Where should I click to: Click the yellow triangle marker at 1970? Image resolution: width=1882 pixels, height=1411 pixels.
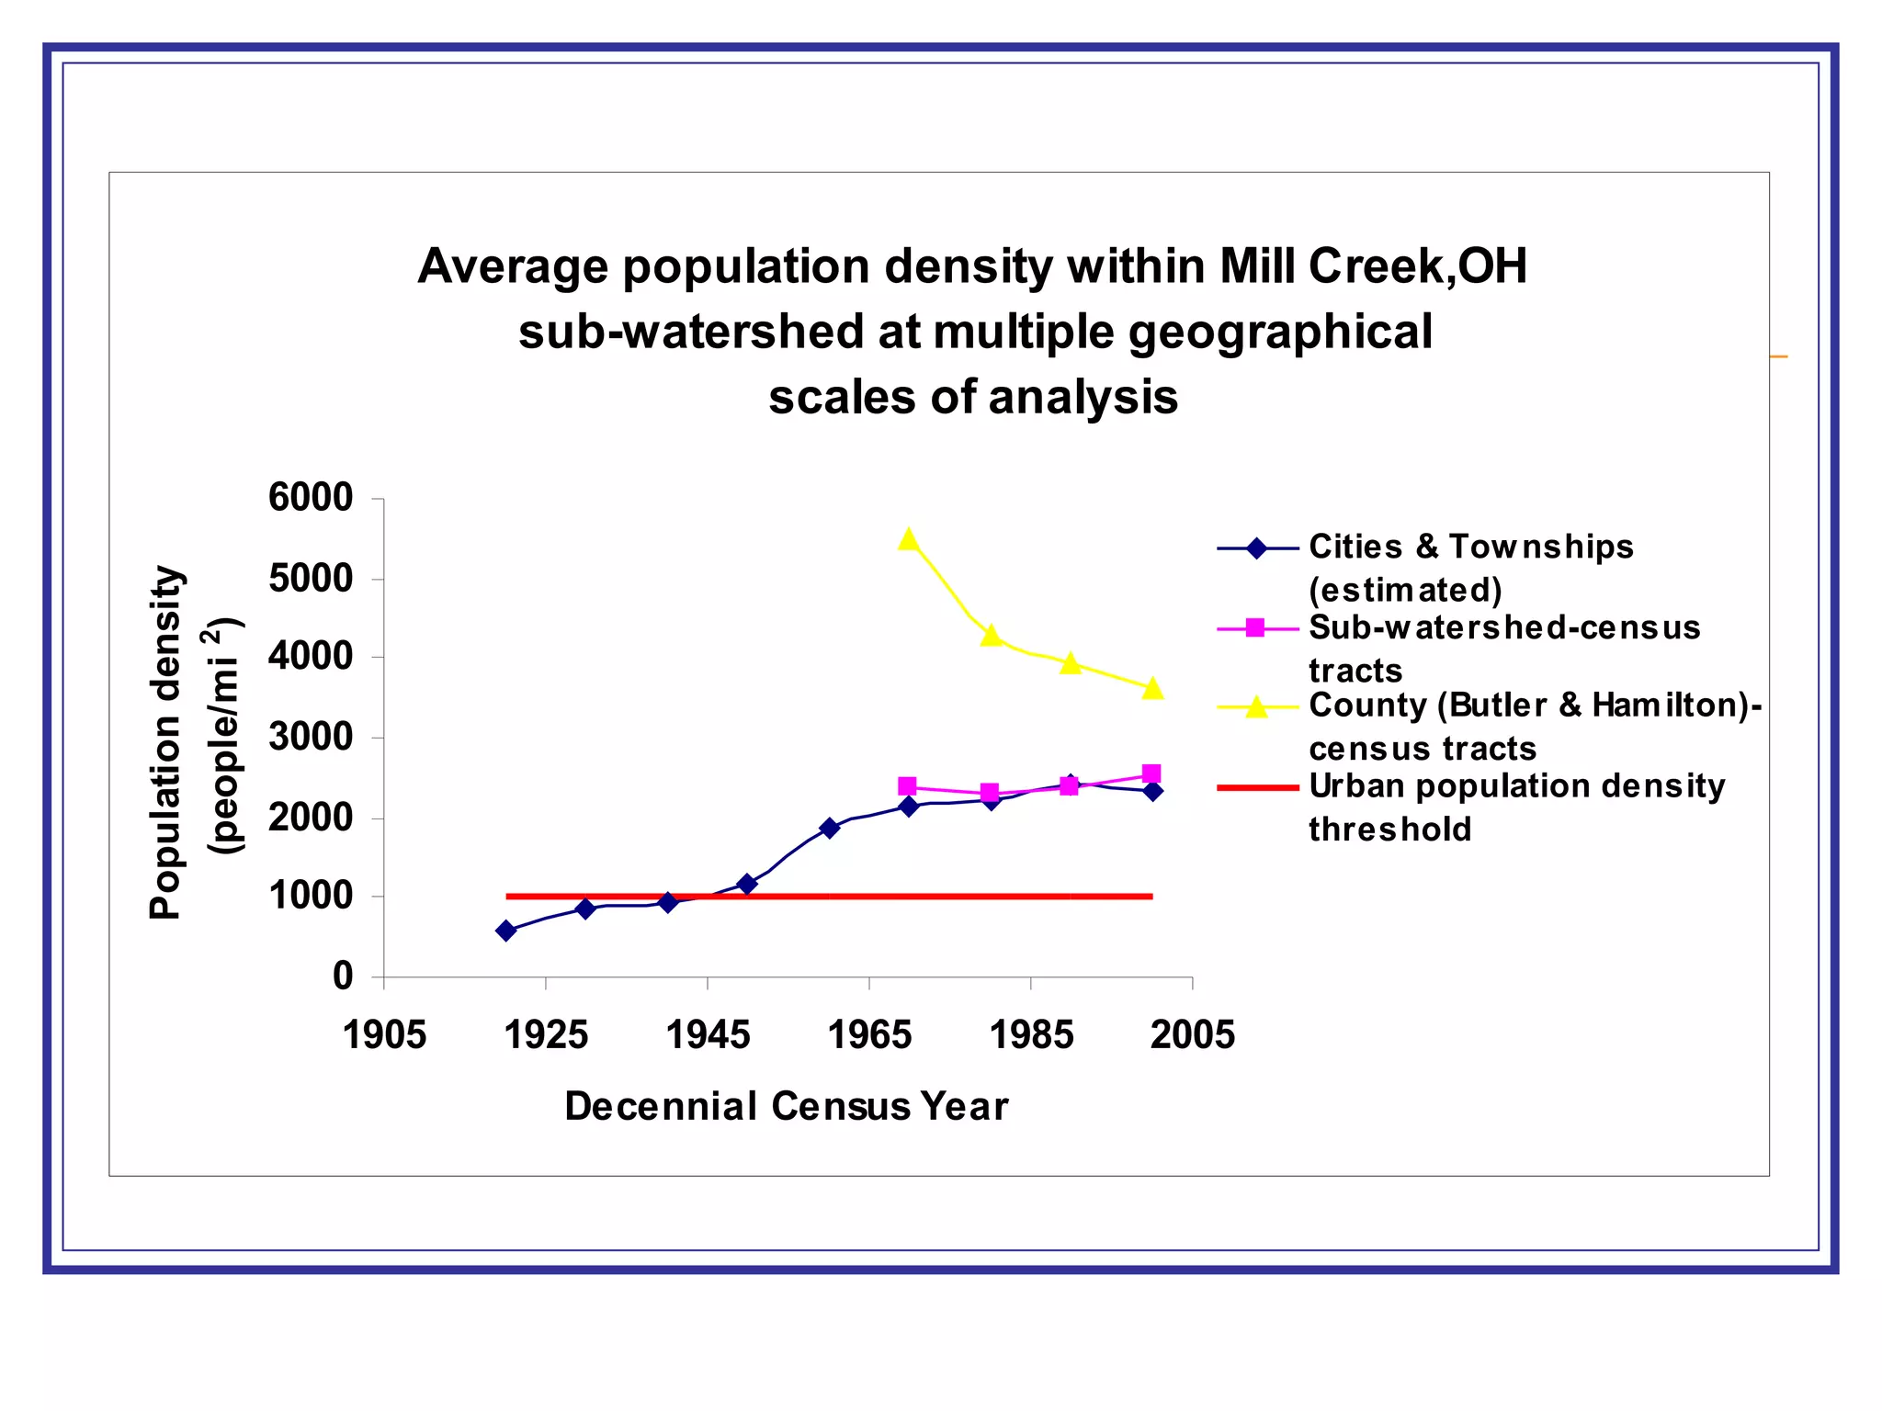(909, 539)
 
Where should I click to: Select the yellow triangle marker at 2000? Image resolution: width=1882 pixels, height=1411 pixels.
(1152, 688)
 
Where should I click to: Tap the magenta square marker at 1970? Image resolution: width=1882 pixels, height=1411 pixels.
(907, 786)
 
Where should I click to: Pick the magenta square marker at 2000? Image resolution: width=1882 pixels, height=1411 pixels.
(1151, 773)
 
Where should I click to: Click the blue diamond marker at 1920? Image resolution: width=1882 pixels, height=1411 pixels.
(506, 931)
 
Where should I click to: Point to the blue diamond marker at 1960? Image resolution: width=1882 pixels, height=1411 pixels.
(829, 828)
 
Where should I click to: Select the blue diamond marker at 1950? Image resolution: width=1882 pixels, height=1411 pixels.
(747, 884)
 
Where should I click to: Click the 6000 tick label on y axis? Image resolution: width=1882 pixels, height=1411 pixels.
(311, 498)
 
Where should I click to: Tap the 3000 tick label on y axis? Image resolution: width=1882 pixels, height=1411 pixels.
(311, 737)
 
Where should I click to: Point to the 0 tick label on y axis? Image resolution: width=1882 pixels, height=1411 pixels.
(343, 976)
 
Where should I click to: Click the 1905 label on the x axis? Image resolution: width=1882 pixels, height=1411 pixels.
(384, 1035)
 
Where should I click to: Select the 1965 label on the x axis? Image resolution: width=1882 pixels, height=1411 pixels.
(869, 1035)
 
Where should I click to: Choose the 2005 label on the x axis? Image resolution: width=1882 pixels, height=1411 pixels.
(1193, 1035)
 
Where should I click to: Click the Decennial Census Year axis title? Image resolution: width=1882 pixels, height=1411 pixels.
(787, 1106)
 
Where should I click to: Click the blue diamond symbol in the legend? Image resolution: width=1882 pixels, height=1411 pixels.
(1256, 549)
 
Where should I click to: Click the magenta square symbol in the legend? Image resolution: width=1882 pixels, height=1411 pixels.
(1256, 628)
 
